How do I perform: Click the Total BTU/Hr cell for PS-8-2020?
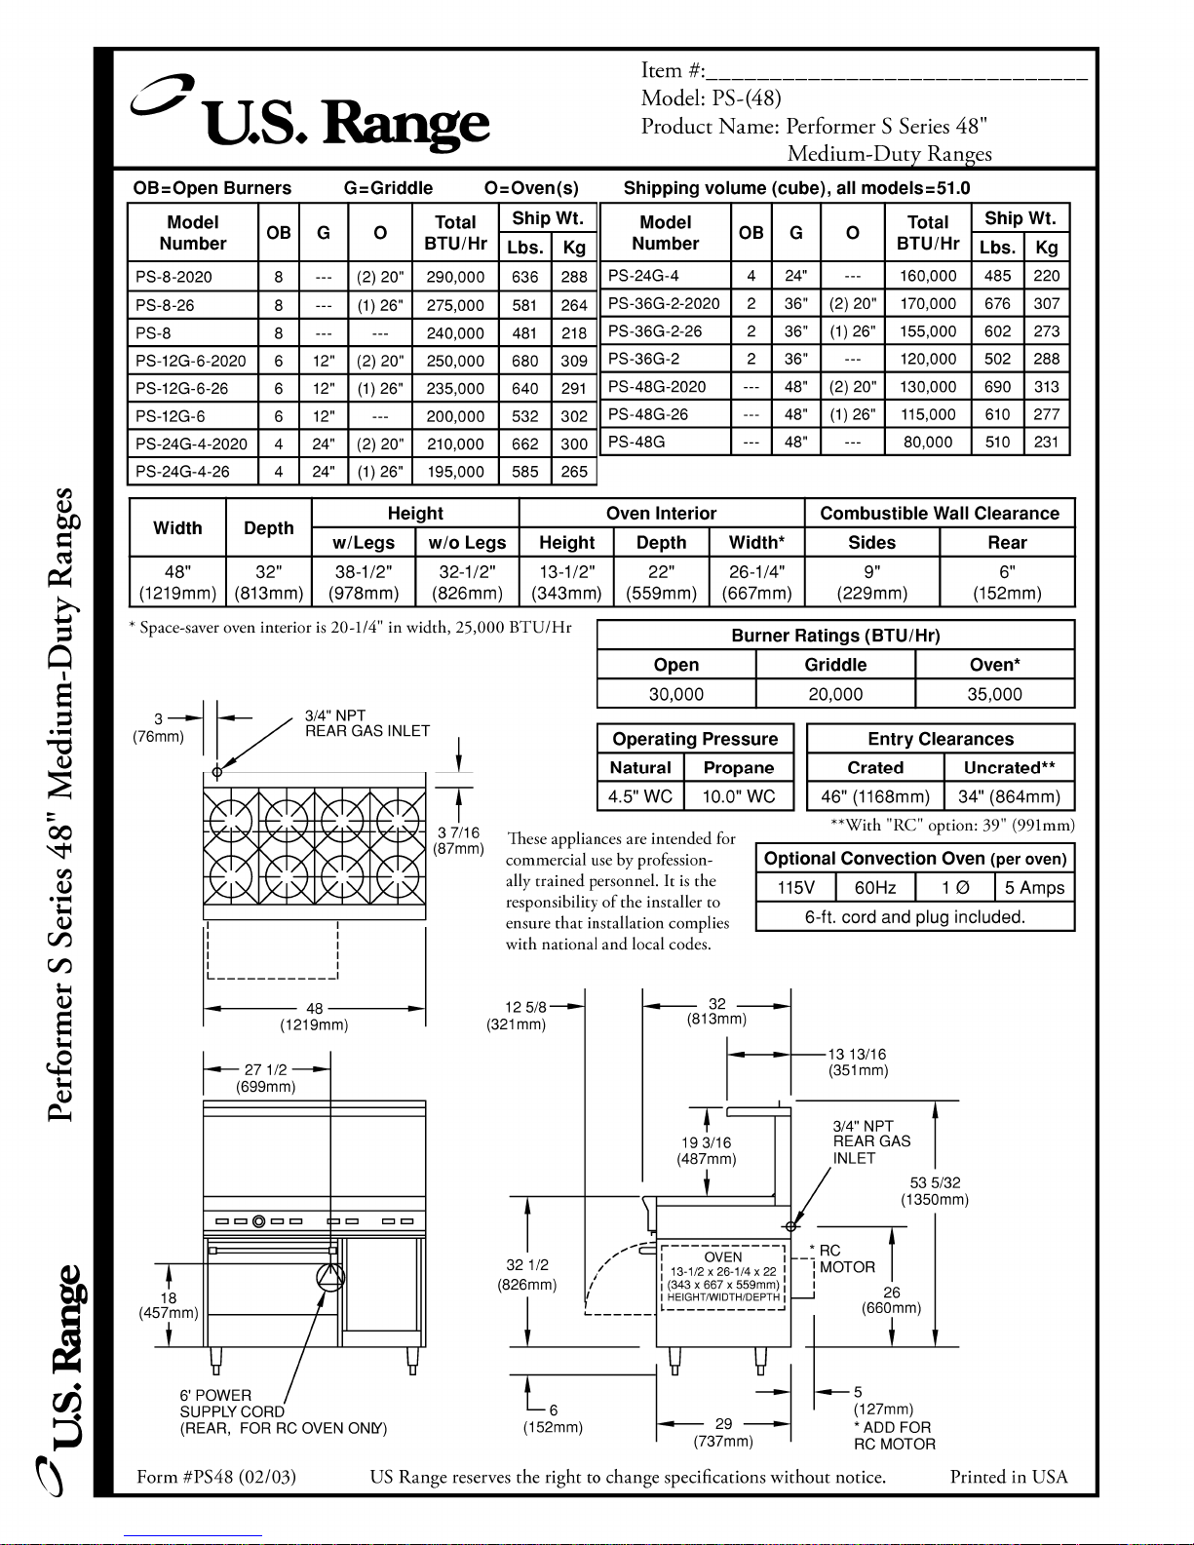point(455,277)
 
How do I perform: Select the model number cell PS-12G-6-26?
point(182,388)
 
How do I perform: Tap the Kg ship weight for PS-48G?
point(1046,442)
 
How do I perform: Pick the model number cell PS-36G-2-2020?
point(664,303)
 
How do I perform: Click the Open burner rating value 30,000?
point(675,694)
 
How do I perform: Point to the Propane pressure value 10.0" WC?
point(739,796)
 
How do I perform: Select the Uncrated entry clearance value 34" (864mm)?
point(1009,796)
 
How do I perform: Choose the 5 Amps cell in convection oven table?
point(1034,888)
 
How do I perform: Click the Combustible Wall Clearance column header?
point(939,514)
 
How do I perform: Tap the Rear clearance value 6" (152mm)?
point(1007,582)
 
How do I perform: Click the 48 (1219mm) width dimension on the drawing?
point(314,1017)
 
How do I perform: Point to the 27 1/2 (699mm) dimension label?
point(265,1078)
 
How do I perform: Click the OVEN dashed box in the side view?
point(722,1277)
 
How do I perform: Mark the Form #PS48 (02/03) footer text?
point(216,1477)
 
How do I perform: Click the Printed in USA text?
point(1008,1477)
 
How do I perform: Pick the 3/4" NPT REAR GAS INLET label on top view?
point(366,723)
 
